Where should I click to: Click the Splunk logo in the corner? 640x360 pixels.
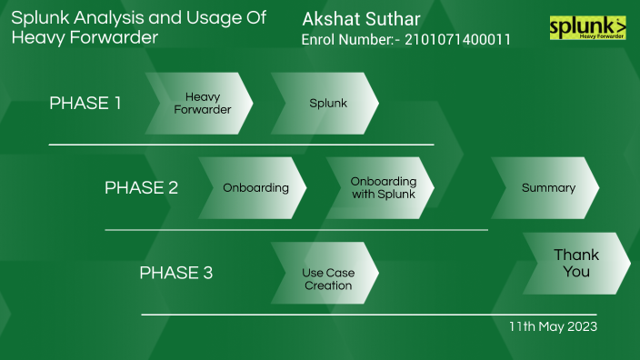pos(588,28)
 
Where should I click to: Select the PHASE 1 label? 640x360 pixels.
pos(85,104)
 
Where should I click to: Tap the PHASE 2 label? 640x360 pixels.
pos(141,188)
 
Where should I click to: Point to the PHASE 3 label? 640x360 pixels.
pos(175,273)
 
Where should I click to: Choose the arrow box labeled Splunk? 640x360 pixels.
pos(326,104)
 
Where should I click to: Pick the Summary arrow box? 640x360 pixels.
pos(546,188)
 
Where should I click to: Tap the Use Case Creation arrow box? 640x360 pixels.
pos(326,273)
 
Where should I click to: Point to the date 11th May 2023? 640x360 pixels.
pos(553,326)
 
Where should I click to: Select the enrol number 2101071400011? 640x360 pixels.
pos(457,40)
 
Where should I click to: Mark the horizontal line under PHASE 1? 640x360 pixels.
pos(241,145)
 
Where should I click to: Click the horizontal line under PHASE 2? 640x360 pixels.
pos(296,230)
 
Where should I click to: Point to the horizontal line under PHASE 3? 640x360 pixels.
pos(368,315)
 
